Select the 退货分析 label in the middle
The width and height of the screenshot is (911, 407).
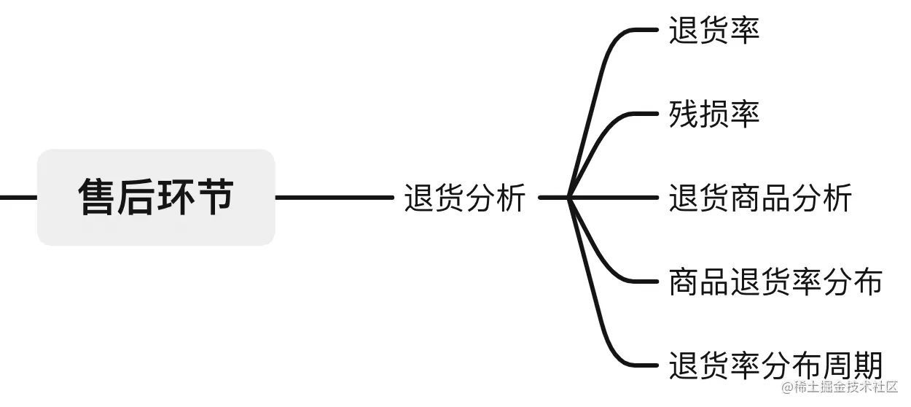tap(464, 198)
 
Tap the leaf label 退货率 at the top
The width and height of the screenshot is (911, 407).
tap(714, 31)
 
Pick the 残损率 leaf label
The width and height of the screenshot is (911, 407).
tap(714, 115)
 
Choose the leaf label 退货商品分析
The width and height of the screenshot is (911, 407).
tap(760, 198)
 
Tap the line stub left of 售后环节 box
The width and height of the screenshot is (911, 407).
tap(17, 197)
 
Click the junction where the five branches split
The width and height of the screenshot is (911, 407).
tap(569, 197)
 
